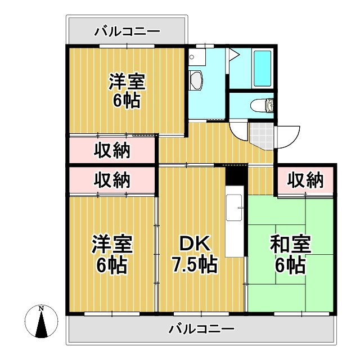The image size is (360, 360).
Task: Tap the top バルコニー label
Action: click(x=127, y=31)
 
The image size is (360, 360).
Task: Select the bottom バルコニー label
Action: click(x=201, y=328)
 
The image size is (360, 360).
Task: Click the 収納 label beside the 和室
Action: click(x=305, y=180)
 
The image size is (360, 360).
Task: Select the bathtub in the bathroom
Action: click(x=263, y=68)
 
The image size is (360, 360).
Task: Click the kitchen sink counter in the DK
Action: click(x=235, y=217)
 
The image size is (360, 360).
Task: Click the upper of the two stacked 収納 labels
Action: click(x=111, y=150)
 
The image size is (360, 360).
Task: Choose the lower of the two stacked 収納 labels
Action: click(x=111, y=180)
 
